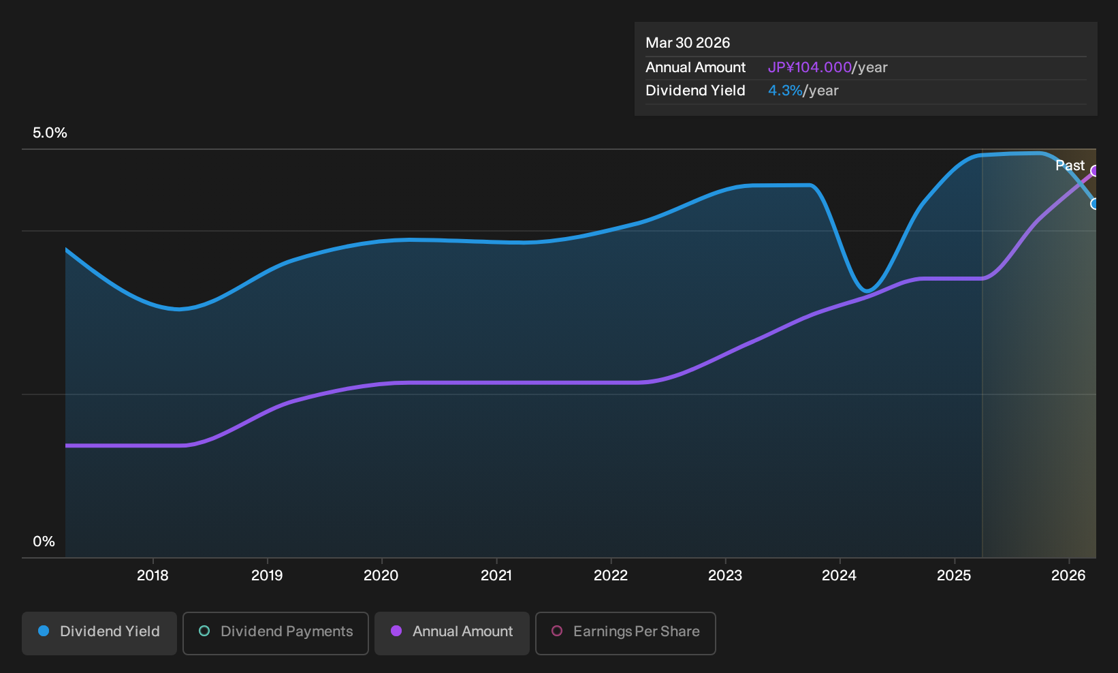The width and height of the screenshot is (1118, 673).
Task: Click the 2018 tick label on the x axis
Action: click(153, 576)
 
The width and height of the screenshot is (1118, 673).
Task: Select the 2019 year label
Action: click(267, 576)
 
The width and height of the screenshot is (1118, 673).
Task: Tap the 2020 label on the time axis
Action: click(381, 576)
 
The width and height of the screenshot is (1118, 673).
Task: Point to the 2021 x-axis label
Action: click(496, 576)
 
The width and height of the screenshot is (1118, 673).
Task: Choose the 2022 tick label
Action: click(611, 576)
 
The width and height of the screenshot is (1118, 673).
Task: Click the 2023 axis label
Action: click(725, 576)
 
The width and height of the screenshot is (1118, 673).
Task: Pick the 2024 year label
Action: click(840, 576)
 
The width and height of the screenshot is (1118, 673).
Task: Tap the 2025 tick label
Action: click(955, 576)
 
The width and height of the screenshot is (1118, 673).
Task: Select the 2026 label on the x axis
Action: click(1068, 576)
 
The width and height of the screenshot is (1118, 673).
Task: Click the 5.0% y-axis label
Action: click(50, 133)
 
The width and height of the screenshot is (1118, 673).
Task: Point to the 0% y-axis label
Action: click(44, 542)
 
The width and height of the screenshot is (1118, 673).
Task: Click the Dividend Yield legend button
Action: click(99, 633)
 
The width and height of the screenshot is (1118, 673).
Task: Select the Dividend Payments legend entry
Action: click(276, 633)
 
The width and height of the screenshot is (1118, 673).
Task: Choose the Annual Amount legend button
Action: click(451, 633)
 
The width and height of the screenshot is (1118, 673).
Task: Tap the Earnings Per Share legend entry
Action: click(625, 633)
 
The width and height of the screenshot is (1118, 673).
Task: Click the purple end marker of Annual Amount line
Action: click(1095, 171)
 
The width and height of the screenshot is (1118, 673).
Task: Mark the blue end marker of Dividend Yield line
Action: click(1095, 204)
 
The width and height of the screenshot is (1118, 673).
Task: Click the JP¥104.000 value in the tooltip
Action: click(810, 67)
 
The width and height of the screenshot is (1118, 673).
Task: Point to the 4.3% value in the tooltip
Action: click(785, 91)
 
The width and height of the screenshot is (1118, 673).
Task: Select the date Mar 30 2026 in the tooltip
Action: click(688, 43)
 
